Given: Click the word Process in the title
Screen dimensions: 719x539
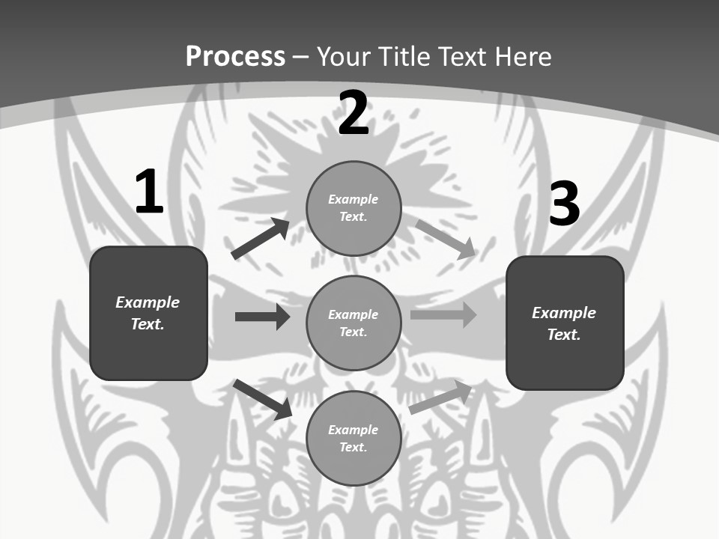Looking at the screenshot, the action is [235, 56].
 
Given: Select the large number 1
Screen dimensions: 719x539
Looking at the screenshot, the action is [149, 192].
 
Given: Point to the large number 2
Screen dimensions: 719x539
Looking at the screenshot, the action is [354, 113].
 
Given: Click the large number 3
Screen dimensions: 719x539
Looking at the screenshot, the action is [565, 204].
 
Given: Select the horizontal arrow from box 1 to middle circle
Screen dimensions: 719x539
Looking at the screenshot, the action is [262, 317].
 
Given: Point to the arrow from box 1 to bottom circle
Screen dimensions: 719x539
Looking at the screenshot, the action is [263, 399].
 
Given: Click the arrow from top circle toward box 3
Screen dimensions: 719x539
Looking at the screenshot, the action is [445, 239].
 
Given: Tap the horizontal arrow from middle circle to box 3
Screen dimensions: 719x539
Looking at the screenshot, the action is [443, 315].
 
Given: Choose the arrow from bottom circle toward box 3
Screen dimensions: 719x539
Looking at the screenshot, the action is [440, 398].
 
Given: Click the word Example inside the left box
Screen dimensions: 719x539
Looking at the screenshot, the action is [148, 302].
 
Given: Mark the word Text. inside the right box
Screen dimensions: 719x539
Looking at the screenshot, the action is [564, 335].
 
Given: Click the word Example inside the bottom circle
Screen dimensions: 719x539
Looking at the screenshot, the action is [354, 430].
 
